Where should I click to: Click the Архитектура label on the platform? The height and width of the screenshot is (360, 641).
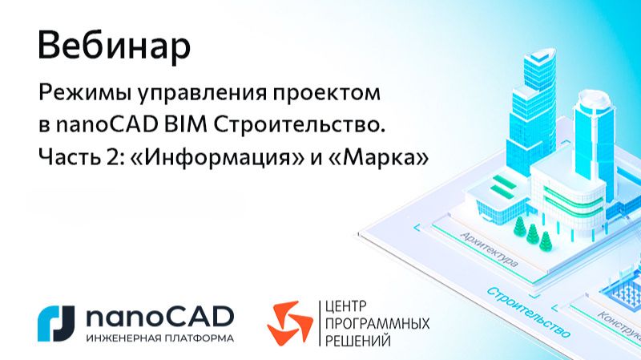tap(490, 249)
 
